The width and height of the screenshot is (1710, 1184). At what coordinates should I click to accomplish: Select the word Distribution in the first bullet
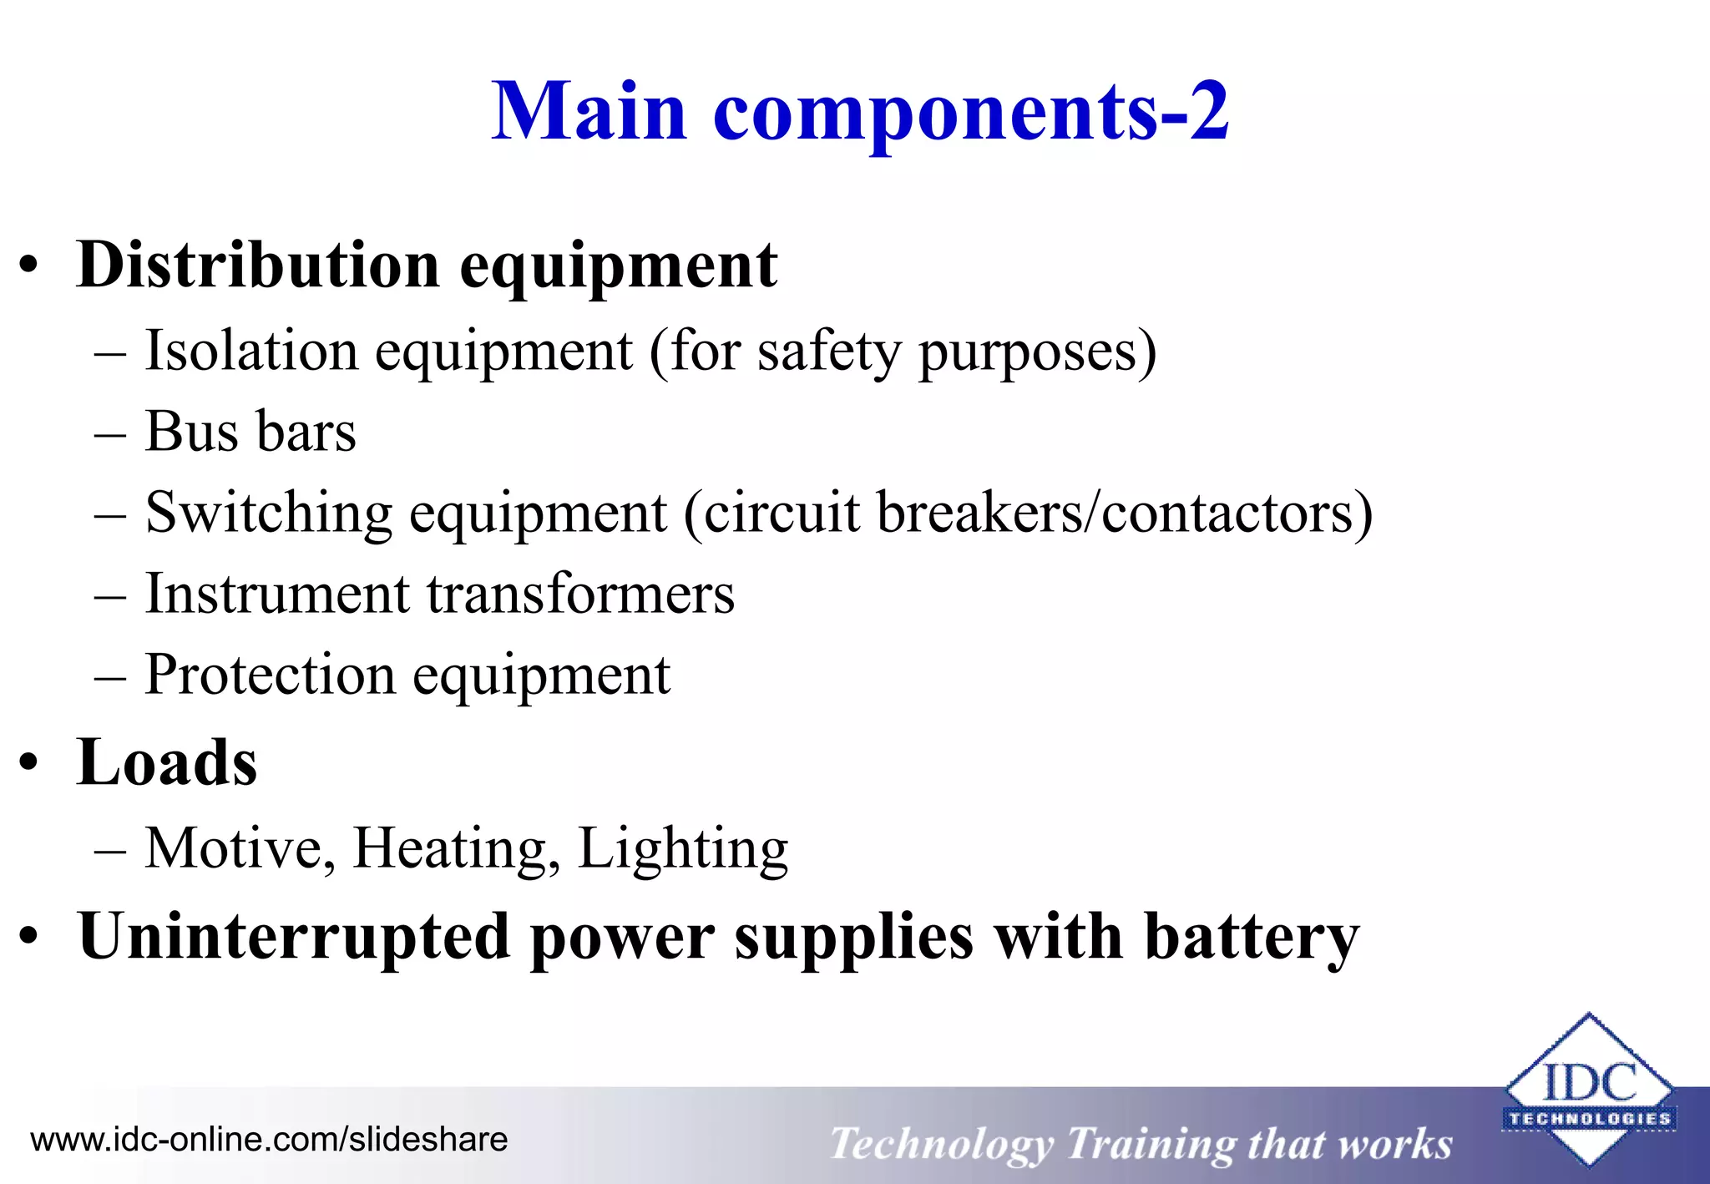(257, 266)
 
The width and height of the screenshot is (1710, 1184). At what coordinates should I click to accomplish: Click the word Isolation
(251, 351)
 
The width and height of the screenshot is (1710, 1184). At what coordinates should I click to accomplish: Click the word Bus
(192, 432)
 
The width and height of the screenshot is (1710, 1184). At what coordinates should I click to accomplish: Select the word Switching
(268, 514)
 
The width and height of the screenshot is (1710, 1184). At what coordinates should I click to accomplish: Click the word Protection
(270, 675)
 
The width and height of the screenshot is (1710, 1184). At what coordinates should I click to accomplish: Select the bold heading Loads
(167, 762)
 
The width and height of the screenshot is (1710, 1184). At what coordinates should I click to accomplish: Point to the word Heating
(456, 849)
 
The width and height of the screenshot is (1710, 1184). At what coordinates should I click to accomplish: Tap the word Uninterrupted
(293, 937)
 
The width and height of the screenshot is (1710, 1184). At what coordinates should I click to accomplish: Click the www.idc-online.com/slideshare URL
(269, 1140)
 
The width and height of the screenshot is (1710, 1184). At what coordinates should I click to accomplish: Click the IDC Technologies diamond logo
(1588, 1089)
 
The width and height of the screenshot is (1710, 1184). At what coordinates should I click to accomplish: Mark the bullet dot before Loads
(29, 764)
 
